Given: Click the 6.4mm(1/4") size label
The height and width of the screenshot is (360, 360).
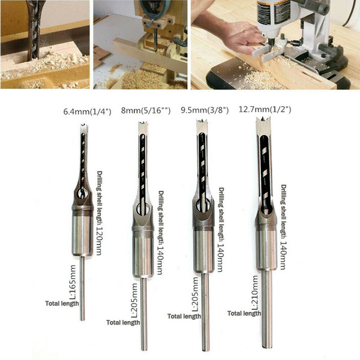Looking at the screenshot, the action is (87, 112).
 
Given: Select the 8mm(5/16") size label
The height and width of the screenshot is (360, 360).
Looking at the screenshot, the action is (146, 110).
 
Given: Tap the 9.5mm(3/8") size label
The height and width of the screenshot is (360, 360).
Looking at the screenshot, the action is (205, 110).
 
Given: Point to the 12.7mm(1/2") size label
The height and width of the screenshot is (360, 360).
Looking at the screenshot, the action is (265, 109).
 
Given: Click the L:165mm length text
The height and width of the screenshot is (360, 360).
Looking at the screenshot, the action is (73, 282).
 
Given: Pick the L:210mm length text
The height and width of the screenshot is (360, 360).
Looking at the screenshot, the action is (255, 293).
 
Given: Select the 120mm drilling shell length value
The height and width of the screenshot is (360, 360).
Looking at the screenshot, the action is (99, 241).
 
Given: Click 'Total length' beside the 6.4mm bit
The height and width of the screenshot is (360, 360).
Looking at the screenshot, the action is (62, 304).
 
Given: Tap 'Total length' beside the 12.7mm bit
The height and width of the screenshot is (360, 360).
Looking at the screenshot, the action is (244, 313).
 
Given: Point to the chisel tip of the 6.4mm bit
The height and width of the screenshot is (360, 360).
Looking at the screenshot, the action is (84, 125).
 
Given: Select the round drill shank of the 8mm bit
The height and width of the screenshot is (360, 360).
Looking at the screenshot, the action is (144, 314).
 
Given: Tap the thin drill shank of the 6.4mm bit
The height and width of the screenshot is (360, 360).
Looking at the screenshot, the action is (82, 288).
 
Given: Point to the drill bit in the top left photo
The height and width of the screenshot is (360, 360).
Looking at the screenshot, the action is (34, 30).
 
